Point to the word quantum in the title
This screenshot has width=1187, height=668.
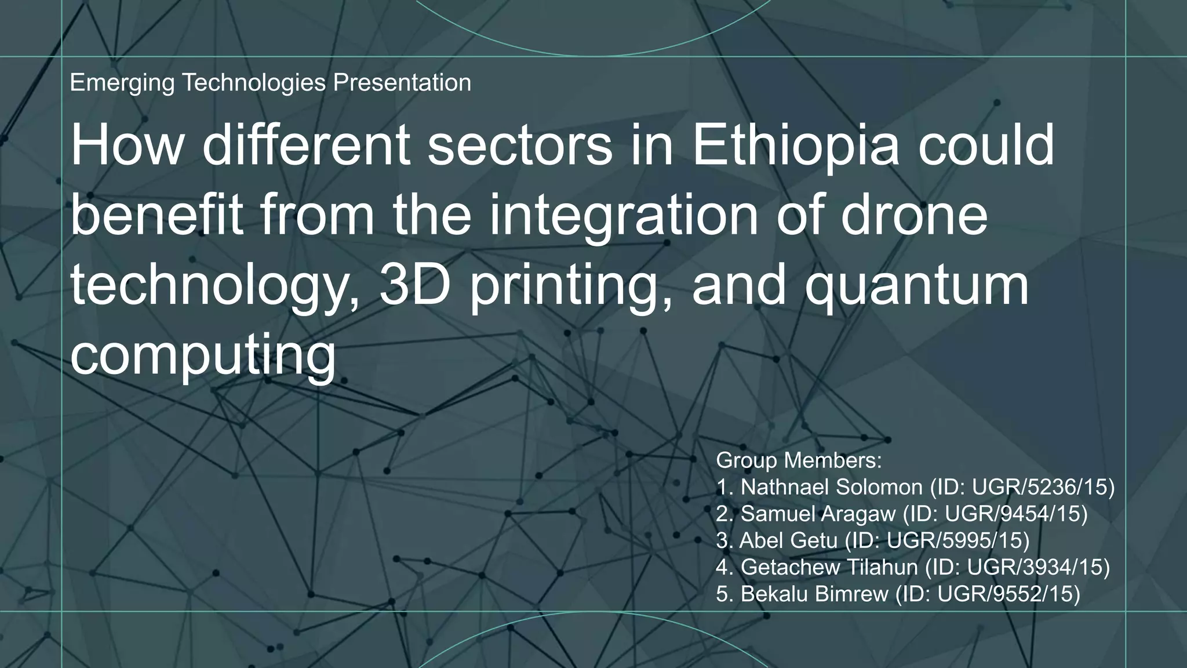[915, 286]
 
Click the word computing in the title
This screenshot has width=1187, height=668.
[203, 355]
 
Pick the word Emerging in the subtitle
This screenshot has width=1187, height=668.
[122, 83]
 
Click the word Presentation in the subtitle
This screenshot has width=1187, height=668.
[402, 83]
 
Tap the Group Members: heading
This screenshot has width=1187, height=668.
[799, 460]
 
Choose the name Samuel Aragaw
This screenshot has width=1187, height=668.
[818, 514]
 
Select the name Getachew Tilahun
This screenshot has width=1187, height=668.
[829, 567]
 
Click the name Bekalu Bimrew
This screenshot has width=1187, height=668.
[814, 594]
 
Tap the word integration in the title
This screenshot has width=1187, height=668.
[623, 216]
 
